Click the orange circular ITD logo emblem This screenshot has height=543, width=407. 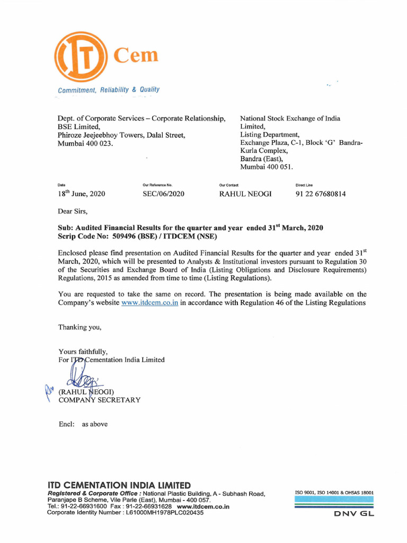[80, 57]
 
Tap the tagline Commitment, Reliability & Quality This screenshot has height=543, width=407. [109, 90]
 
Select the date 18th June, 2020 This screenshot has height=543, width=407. [81, 194]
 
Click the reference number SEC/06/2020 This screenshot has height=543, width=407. [164, 194]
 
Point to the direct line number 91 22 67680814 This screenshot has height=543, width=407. [321, 194]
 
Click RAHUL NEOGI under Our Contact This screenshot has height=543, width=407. [245, 194]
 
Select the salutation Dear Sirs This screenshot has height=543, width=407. [72, 211]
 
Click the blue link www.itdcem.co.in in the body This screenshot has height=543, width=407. [149, 303]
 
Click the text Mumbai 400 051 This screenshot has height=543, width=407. [266, 167]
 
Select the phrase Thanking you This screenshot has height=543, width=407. [79, 327]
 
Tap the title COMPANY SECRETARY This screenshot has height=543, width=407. [100, 400]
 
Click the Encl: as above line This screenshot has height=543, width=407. [83, 424]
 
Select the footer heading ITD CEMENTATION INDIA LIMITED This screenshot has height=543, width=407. [119, 485]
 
